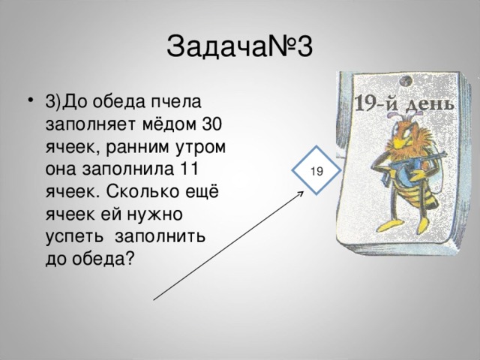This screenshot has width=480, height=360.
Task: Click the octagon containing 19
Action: (x=316, y=171)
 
